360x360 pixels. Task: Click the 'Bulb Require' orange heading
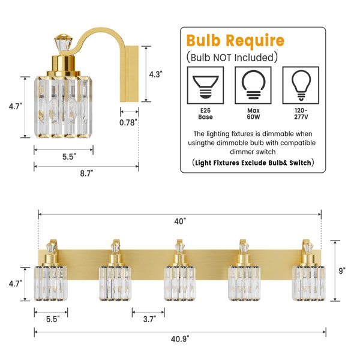tap(235, 41)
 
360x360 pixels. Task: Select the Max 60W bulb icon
tap(253, 85)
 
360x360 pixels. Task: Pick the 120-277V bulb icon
tap(301, 85)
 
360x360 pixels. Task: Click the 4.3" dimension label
tap(155, 74)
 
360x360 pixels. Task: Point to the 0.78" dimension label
tap(128, 122)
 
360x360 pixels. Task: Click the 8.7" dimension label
tap(86, 173)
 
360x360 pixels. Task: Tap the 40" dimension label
tap(180, 221)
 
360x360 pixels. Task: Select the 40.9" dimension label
tap(180, 339)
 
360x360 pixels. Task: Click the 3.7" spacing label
tap(149, 319)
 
